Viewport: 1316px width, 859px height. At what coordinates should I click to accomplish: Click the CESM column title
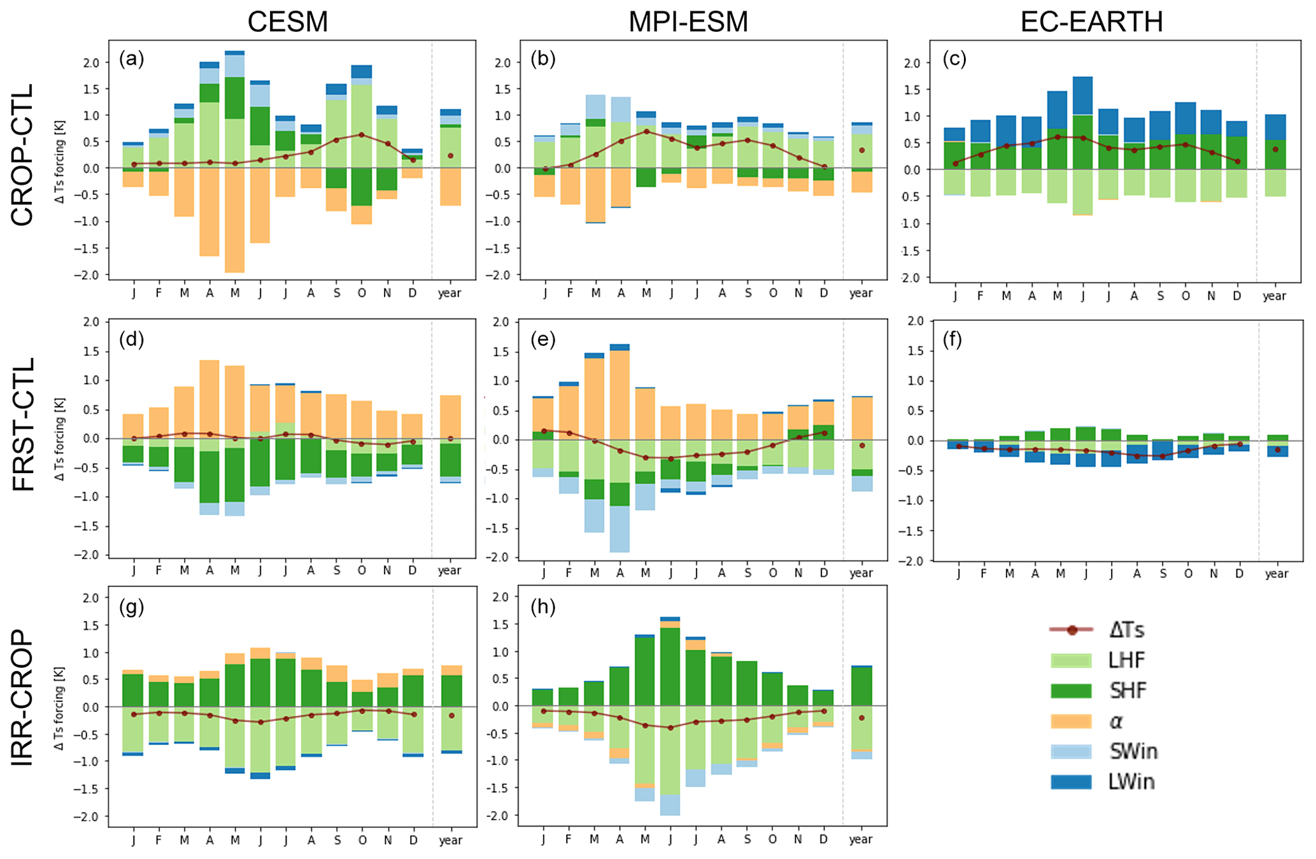[x=288, y=22]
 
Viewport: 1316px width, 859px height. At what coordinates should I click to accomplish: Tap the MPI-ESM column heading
[x=688, y=22]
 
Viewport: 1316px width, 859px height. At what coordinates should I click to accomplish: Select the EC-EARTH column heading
[x=1091, y=22]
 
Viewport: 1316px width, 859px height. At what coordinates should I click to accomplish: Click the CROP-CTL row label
[x=23, y=155]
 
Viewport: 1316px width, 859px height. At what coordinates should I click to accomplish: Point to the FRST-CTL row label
[x=23, y=424]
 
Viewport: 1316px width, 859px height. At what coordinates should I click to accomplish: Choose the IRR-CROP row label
[x=23, y=697]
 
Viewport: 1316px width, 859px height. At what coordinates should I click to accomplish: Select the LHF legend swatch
[x=1071, y=660]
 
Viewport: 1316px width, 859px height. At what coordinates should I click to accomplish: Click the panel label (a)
[x=131, y=59]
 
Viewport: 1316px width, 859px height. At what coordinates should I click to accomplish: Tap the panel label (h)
[x=543, y=607]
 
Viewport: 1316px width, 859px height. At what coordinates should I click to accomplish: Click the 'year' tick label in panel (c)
[x=1275, y=296]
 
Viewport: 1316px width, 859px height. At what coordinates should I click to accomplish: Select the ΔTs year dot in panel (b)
[x=862, y=150]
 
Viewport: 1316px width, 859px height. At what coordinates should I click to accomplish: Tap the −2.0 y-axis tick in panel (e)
[x=499, y=557]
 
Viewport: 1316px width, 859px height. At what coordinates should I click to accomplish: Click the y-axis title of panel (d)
[x=60, y=439]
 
